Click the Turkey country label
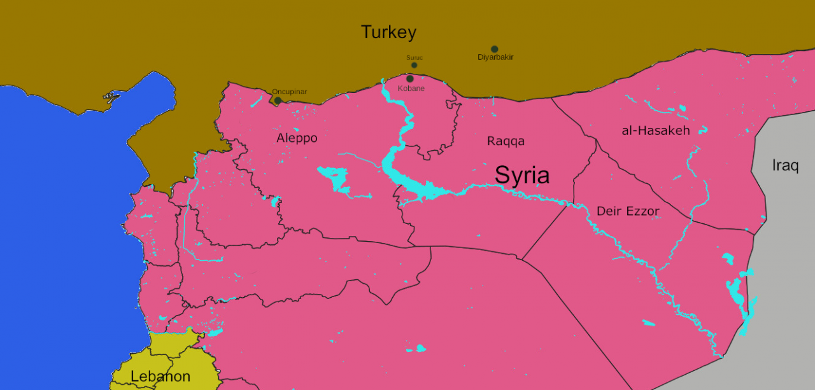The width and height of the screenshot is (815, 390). tap(388, 32)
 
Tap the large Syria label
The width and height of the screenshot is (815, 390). tap(522, 175)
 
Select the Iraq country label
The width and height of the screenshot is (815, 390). tap(785, 165)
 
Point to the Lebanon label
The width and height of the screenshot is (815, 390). tap(160, 377)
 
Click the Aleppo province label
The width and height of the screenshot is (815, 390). tap(297, 138)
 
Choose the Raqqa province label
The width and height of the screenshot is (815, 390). tap(506, 141)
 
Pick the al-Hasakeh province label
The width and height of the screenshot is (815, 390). tap(655, 130)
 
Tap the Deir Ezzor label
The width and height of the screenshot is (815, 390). tap(628, 211)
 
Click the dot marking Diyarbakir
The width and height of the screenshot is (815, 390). tap(494, 49)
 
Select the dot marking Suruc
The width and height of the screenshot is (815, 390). tap(414, 65)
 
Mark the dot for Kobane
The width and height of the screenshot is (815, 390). tap(409, 79)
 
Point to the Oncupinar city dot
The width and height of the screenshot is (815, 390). tap(278, 101)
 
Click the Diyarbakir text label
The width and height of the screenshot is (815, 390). tap(495, 57)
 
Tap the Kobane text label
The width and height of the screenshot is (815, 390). tap(411, 88)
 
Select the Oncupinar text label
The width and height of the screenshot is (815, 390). tap(289, 92)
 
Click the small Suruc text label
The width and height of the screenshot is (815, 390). tap(415, 58)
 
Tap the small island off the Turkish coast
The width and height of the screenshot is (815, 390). tap(111, 97)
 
